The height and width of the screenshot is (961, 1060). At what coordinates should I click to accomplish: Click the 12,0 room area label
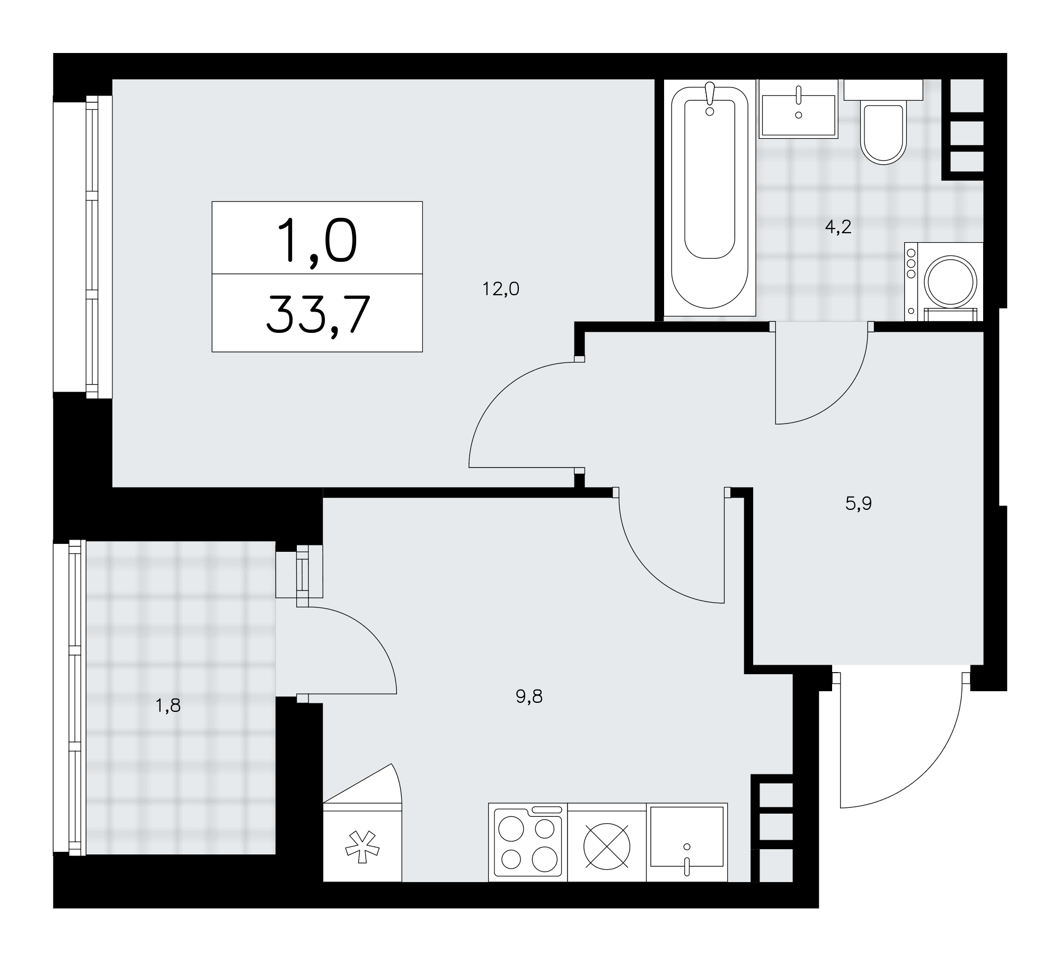click(500, 289)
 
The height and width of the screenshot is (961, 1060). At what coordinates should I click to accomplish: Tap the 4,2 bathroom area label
click(838, 227)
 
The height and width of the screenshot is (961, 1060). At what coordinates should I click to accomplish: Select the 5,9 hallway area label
click(859, 503)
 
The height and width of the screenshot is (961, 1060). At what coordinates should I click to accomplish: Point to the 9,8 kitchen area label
click(529, 696)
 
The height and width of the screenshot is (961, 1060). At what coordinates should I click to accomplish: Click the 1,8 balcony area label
click(168, 706)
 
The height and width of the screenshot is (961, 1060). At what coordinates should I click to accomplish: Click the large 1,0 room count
click(317, 241)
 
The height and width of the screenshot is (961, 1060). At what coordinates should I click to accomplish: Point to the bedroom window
click(99, 246)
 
